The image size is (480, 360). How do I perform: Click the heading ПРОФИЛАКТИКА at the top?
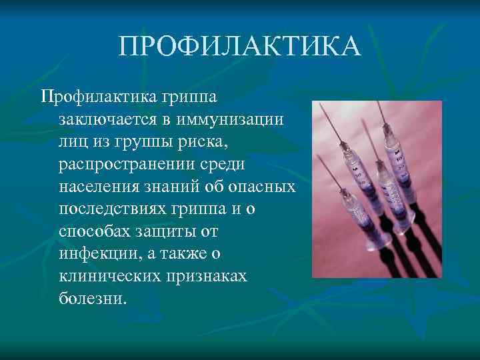240,47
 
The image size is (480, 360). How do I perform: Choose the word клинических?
111,276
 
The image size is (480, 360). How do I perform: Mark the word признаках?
210,276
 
